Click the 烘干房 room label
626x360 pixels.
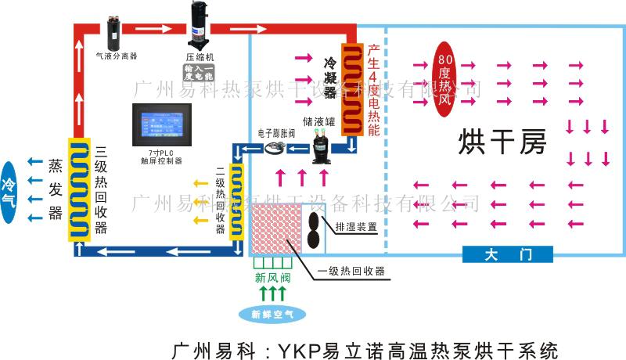click(501, 142)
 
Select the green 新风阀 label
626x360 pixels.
click(272, 278)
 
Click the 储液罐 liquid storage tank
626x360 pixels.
click(322, 146)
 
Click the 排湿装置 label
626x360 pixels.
click(356, 227)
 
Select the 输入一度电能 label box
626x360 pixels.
click(199, 74)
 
